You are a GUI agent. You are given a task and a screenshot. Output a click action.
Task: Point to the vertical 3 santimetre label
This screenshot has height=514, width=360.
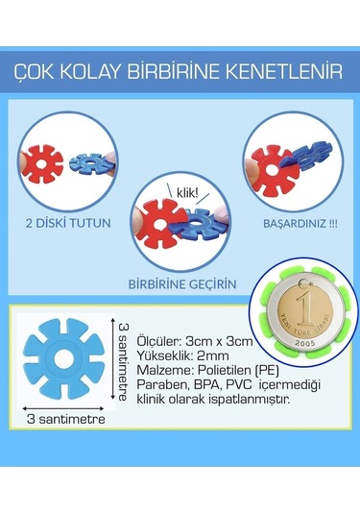click(x=124, y=362)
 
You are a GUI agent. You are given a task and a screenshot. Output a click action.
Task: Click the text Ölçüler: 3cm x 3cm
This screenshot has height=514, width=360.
click(x=185, y=338)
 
